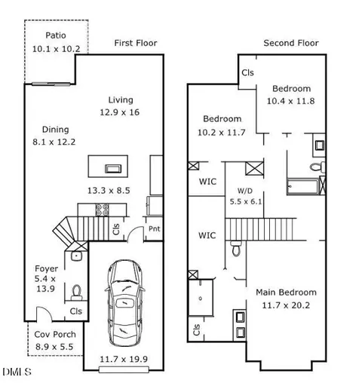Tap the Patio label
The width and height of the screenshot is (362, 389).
[56, 35]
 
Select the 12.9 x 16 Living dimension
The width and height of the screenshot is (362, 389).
[120, 112]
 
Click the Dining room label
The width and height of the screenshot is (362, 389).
[55, 130]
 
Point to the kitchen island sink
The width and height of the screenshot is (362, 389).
[113, 169]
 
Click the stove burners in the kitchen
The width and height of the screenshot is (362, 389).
[103, 210]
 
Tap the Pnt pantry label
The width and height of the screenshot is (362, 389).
[155, 228]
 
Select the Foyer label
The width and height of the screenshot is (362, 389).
[46, 268]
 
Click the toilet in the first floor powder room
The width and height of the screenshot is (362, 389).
[76, 293]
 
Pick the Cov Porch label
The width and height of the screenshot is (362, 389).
[55, 335]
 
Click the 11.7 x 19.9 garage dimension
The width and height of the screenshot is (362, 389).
[124, 360]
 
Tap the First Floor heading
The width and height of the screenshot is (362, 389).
[136, 43]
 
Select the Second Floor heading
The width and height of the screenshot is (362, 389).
[291, 43]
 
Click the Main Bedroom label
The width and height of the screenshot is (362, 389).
[286, 293]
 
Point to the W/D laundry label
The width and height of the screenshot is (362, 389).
[245, 191]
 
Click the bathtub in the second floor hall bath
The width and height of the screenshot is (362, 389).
[303, 186]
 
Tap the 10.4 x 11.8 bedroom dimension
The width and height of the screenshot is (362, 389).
[290, 101]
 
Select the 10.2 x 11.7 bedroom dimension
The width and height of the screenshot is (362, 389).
[222, 133]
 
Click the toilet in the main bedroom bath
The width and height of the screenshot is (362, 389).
[236, 248]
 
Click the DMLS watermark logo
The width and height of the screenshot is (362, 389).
[17, 372]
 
